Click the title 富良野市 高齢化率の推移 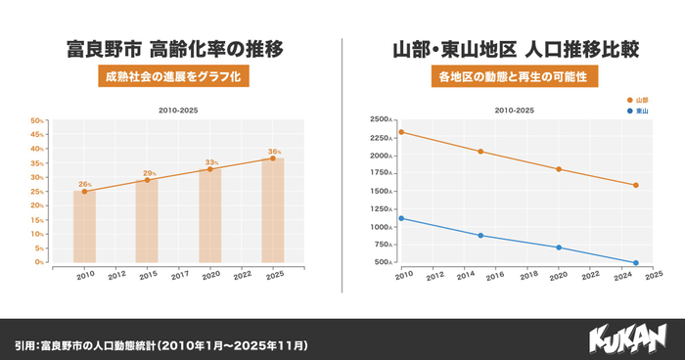point(171,48)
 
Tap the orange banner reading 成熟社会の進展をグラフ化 point(171,76)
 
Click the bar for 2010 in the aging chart point(84,227)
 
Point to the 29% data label point(149,173)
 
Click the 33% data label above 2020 point(211,162)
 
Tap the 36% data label point(274,152)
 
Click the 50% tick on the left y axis point(37,121)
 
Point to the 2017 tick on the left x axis point(179,276)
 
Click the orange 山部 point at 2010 point(401,132)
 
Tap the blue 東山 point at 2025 point(636,262)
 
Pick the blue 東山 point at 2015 point(479,235)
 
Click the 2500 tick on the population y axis point(380,120)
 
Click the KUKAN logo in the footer point(626,338)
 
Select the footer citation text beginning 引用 point(161,345)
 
